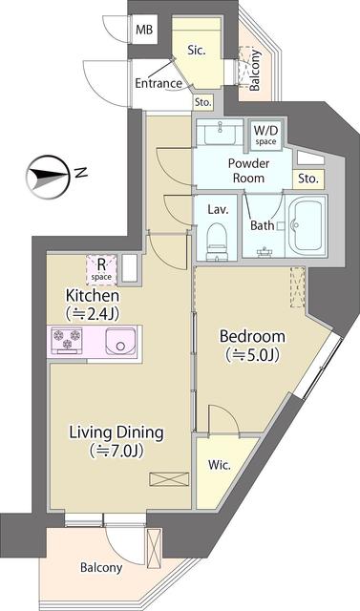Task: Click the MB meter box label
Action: tap(144, 30)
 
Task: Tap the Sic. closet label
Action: tap(197, 51)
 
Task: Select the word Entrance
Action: tap(159, 83)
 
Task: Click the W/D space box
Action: tap(265, 135)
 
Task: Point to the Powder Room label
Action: tap(248, 171)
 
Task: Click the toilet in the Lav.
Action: tap(216, 241)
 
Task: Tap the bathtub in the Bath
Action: tap(307, 225)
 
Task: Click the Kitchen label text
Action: tap(93, 296)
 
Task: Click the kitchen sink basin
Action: tap(120, 341)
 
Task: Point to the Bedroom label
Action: tap(252, 336)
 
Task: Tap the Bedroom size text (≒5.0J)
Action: tap(252, 355)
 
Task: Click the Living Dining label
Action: tap(116, 433)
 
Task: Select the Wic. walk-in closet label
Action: tap(220, 465)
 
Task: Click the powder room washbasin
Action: tap(220, 132)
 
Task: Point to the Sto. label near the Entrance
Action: tap(203, 103)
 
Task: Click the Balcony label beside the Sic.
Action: tap(255, 71)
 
